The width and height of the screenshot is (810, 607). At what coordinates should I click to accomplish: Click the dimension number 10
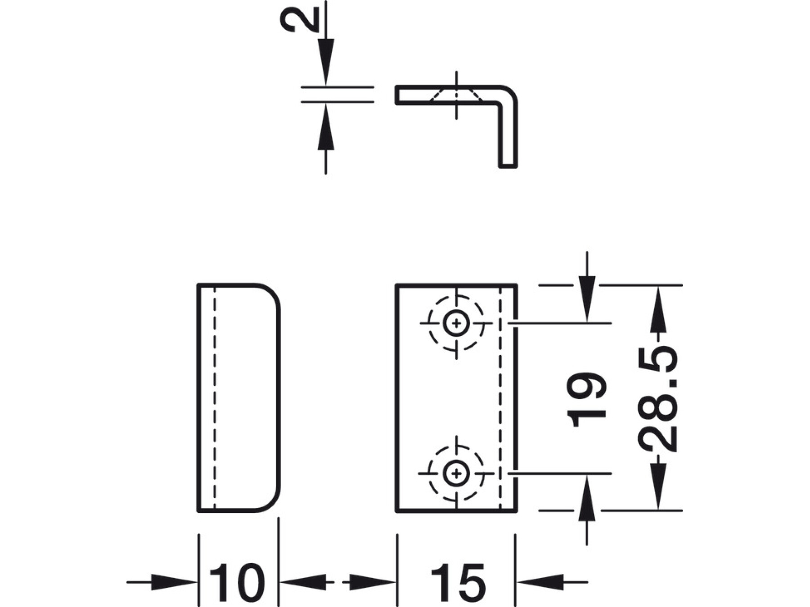click(x=237, y=583)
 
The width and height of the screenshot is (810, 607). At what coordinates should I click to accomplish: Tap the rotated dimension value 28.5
click(x=658, y=399)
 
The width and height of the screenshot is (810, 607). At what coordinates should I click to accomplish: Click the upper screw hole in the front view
click(x=457, y=323)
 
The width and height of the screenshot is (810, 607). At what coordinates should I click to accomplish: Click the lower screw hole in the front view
click(x=457, y=473)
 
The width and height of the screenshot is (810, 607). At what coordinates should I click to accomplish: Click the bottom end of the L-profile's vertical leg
click(x=508, y=167)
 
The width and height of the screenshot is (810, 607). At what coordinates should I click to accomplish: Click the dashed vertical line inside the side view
click(x=214, y=398)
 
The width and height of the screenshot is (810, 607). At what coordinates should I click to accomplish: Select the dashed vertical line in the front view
click(x=500, y=398)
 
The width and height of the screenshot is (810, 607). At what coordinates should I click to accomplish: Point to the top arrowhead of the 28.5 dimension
click(x=658, y=310)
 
